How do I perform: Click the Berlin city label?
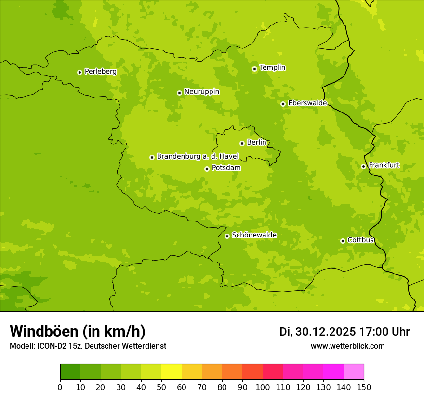click(x=256, y=143)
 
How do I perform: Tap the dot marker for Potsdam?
click(x=207, y=169)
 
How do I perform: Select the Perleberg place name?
click(x=100, y=72)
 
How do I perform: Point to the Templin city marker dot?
click(x=254, y=69)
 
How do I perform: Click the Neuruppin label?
click(x=201, y=92)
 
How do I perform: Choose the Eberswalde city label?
click(x=307, y=103)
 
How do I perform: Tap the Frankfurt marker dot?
click(x=363, y=166)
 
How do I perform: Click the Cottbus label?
click(x=360, y=240)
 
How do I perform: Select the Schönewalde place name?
click(x=254, y=235)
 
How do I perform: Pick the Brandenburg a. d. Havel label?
click(x=198, y=157)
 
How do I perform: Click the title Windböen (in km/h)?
click(x=78, y=331)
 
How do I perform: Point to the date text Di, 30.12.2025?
click(x=318, y=332)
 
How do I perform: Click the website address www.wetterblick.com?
click(x=347, y=346)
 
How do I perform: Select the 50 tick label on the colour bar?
click(x=161, y=387)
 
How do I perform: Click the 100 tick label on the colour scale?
click(x=263, y=387)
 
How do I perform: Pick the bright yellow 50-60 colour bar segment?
click(x=172, y=372)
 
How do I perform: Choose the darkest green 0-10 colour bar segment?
click(x=70, y=372)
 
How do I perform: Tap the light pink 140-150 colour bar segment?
click(x=354, y=372)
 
